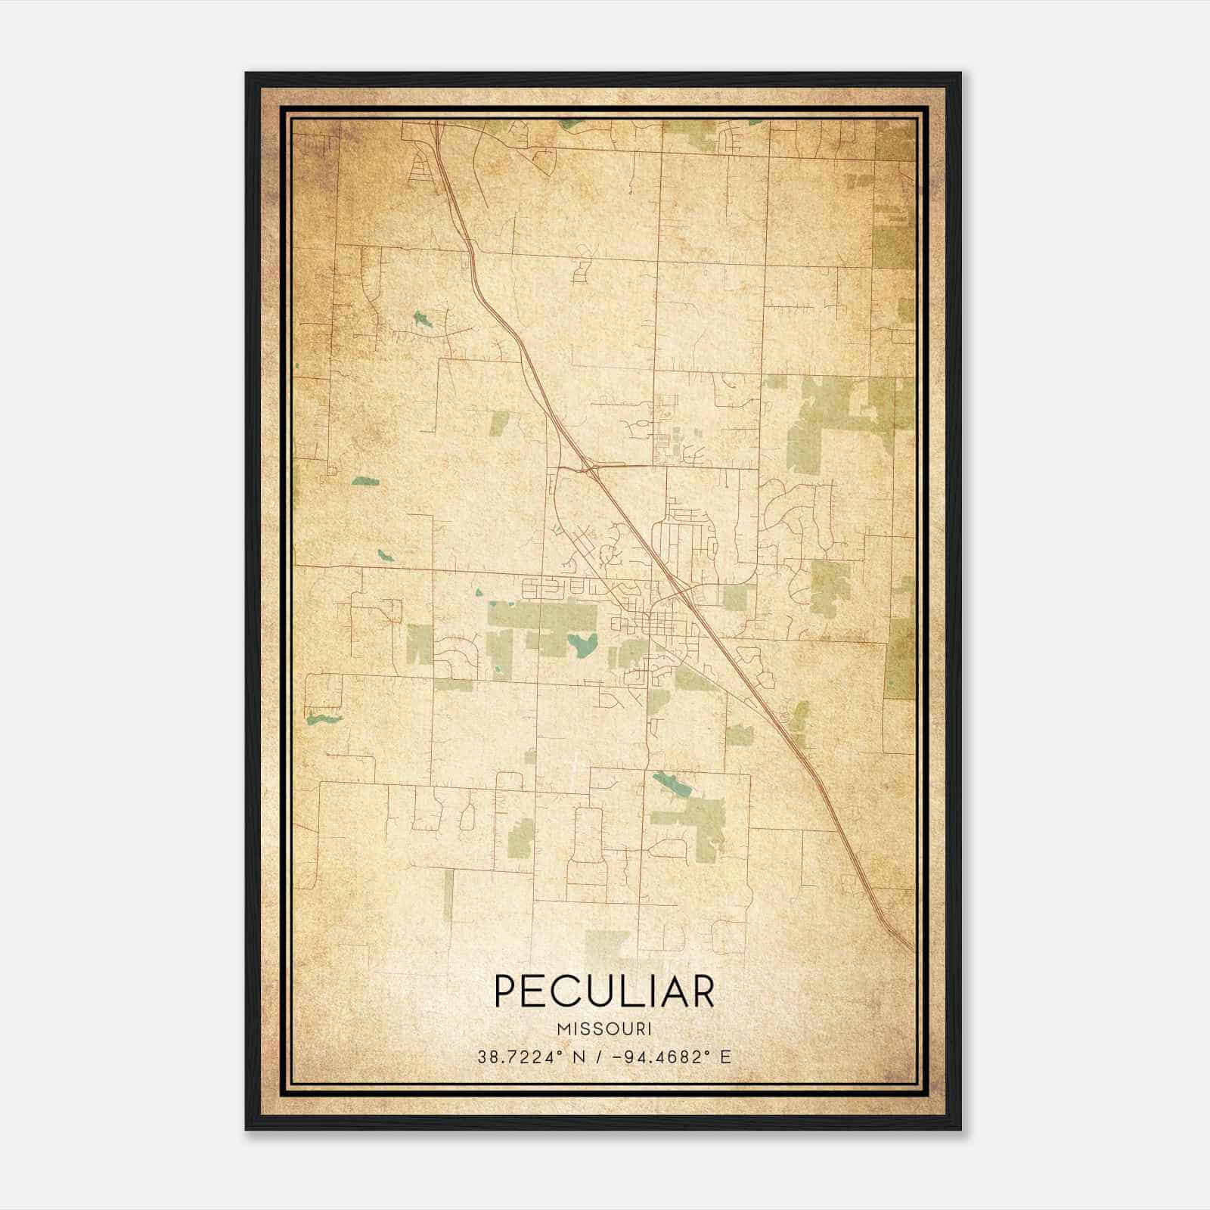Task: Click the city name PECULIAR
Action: point(603,991)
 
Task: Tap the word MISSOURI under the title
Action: point(603,1029)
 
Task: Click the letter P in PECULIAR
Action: point(505,991)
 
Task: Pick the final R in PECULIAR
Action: point(703,991)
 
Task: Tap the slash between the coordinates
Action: point(599,1056)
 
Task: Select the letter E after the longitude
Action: point(726,1056)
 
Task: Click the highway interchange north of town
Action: point(588,468)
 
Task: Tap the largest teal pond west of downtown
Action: point(583,644)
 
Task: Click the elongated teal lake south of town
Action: point(672,786)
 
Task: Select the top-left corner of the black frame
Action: point(247,74)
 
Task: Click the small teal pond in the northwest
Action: point(420,319)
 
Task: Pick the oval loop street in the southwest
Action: point(467,816)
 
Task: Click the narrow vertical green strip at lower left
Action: point(448,895)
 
